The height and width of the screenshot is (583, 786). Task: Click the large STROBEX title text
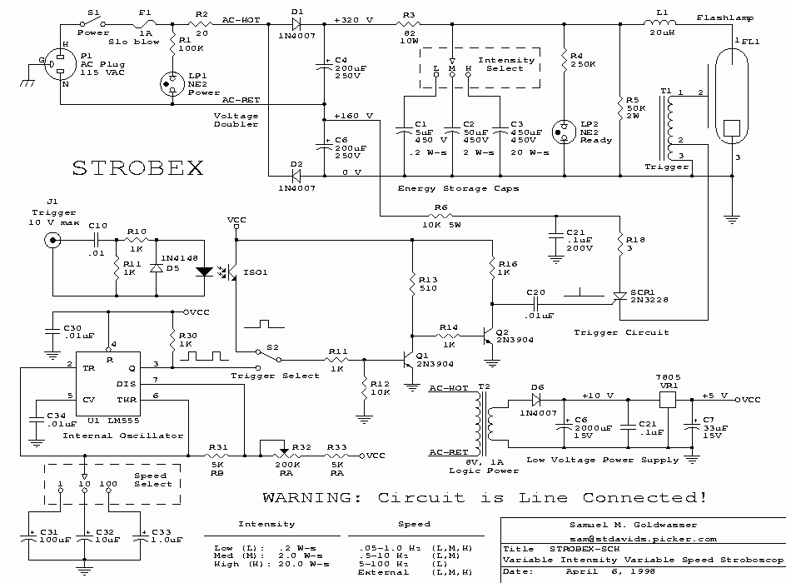[138, 167]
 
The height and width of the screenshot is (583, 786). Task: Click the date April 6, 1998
[589, 572]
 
